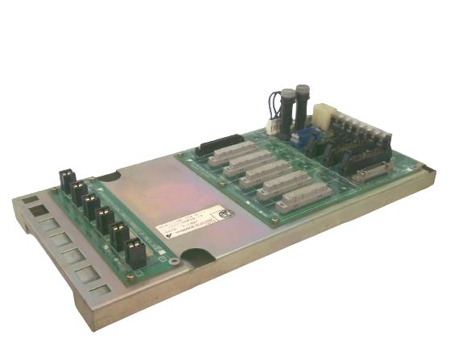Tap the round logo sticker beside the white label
click(x=227, y=215)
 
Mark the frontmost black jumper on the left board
click(x=135, y=254)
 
